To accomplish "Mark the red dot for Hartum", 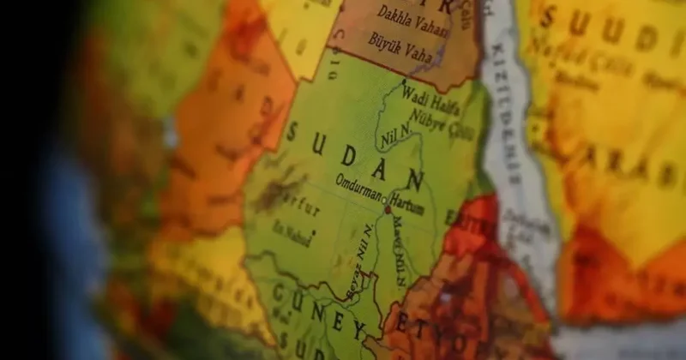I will (387, 209).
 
